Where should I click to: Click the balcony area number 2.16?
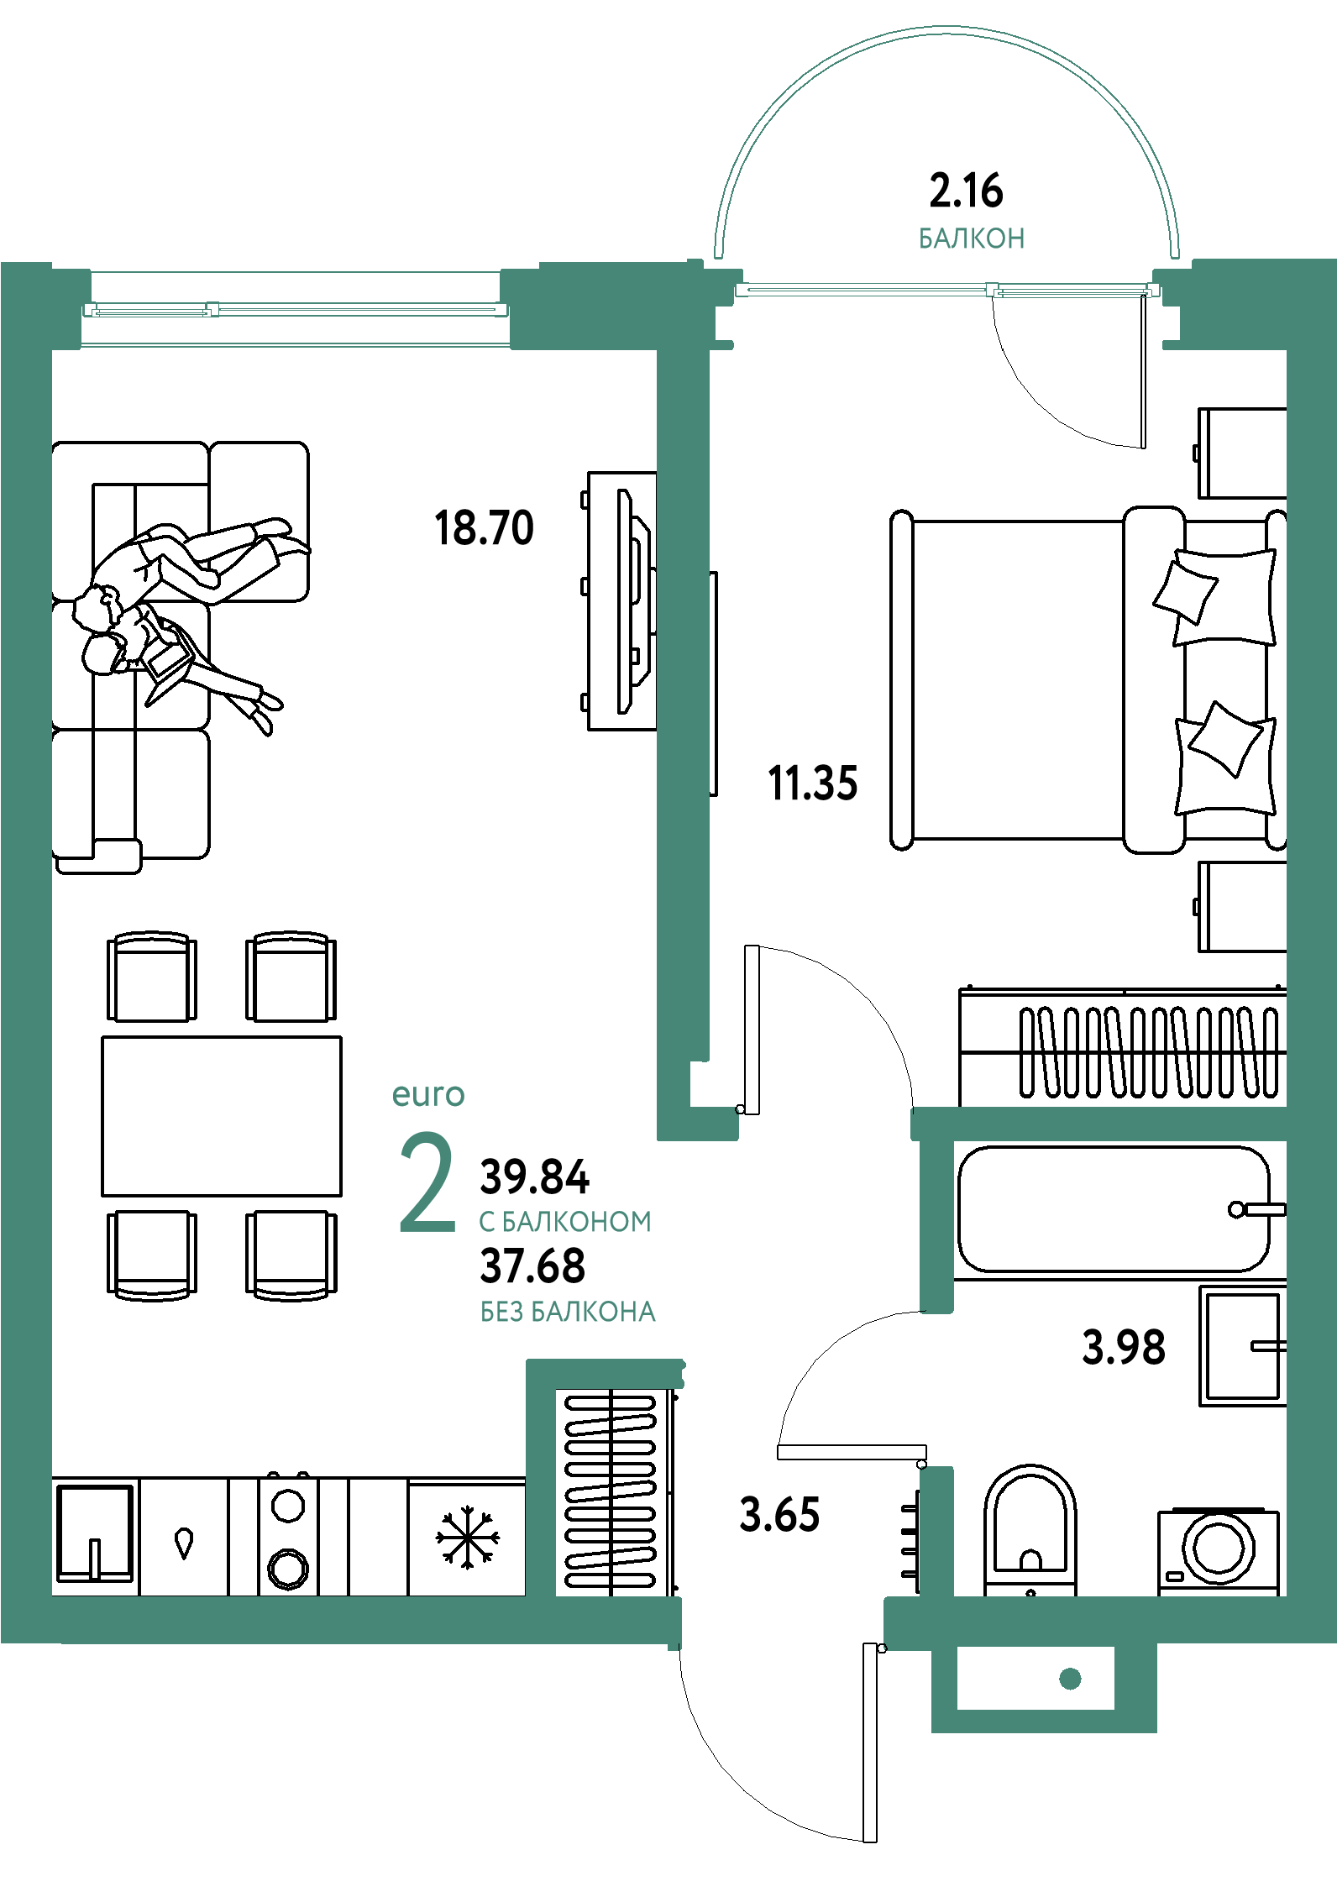pyautogui.click(x=966, y=191)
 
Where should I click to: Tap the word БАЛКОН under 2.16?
pyautogui.click(x=972, y=238)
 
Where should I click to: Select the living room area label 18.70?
pyautogui.click(x=484, y=528)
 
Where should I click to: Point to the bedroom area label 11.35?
pyautogui.click(x=813, y=783)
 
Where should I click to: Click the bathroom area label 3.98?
pyautogui.click(x=1124, y=1348)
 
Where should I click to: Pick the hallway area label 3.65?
pyautogui.click(x=779, y=1516)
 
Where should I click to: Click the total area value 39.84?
pyautogui.click(x=535, y=1177)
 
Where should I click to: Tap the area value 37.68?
pyautogui.click(x=532, y=1266)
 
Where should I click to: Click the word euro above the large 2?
pyautogui.click(x=428, y=1095)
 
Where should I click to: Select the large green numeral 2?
pyautogui.click(x=427, y=1182)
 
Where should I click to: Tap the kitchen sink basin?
pyautogui.click(x=95, y=1533)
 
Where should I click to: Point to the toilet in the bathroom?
pyautogui.click(x=1030, y=1529)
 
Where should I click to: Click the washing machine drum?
pyautogui.click(x=1219, y=1548)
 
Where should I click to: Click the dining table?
pyautogui.click(x=222, y=1116)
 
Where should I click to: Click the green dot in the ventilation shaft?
pyautogui.click(x=1070, y=1679)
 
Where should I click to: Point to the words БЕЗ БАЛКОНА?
pyautogui.click(x=568, y=1312)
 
